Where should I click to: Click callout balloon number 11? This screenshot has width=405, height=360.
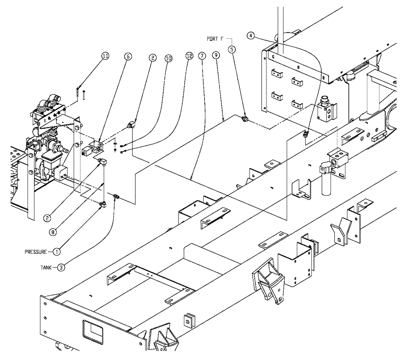point(105,57)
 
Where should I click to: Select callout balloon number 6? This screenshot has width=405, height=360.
point(128,57)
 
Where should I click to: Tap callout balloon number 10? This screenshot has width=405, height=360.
point(168,58)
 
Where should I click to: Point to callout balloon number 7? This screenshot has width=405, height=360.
point(202,57)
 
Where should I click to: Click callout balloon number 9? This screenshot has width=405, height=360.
point(216,57)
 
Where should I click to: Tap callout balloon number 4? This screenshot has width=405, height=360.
point(251,36)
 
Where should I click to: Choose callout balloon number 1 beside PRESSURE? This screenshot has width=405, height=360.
point(57,251)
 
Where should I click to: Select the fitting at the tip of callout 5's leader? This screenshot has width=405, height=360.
point(245,119)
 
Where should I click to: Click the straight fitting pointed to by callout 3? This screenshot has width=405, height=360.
point(117,197)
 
